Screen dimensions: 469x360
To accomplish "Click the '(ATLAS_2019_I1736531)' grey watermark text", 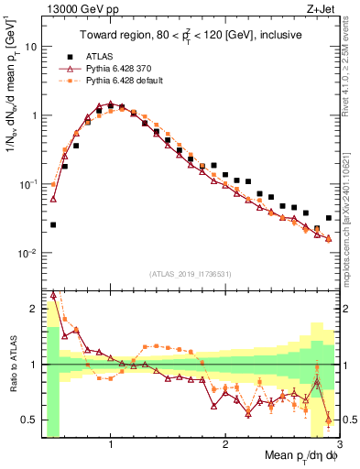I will (190, 273).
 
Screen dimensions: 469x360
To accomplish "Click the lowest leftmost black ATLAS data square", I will (53, 224).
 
